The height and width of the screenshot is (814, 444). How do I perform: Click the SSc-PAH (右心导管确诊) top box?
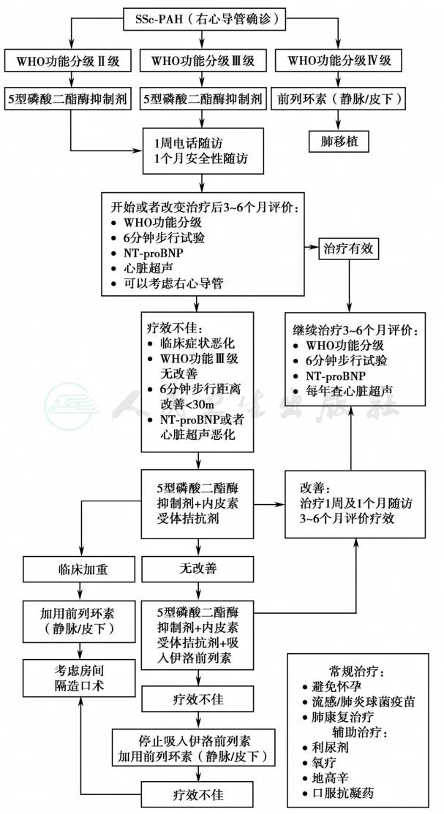pyautogui.click(x=204, y=20)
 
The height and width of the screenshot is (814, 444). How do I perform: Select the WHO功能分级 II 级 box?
pyautogui.click(x=69, y=62)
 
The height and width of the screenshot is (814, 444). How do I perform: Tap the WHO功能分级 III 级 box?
pyautogui.click(x=203, y=62)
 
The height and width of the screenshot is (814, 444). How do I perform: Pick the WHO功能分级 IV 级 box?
pyautogui.click(x=339, y=62)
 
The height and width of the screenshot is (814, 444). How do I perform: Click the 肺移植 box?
pyautogui.click(x=339, y=140)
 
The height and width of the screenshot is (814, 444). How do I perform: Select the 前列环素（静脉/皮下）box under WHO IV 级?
pyautogui.click(x=339, y=98)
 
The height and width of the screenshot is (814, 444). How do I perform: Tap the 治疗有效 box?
pyautogui.click(x=348, y=250)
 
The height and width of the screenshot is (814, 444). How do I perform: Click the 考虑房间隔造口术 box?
pyautogui.click(x=80, y=677)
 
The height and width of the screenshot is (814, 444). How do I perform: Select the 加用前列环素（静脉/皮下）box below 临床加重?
pyautogui.click(x=80, y=620)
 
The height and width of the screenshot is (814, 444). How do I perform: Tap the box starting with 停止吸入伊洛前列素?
pyautogui.click(x=197, y=748)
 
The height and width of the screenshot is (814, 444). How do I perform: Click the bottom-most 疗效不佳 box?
pyautogui.click(x=197, y=794)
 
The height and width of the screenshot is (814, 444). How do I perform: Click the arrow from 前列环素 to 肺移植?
pyautogui.click(x=339, y=119)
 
